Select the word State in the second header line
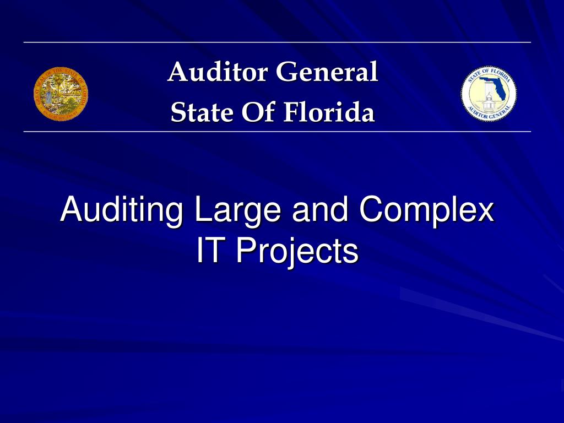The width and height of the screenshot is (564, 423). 194,112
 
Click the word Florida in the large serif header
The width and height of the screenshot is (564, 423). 329,112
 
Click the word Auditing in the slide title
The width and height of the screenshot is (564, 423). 122,210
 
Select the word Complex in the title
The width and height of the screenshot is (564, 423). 426,210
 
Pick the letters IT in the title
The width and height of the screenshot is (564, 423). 212,251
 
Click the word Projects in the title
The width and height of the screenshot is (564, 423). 297,251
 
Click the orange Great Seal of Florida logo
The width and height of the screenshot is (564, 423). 61,94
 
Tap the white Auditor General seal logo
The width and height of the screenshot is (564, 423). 489,94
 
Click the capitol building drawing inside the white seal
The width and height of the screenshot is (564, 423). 487,102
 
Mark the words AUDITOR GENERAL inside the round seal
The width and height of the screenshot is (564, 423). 489,115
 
